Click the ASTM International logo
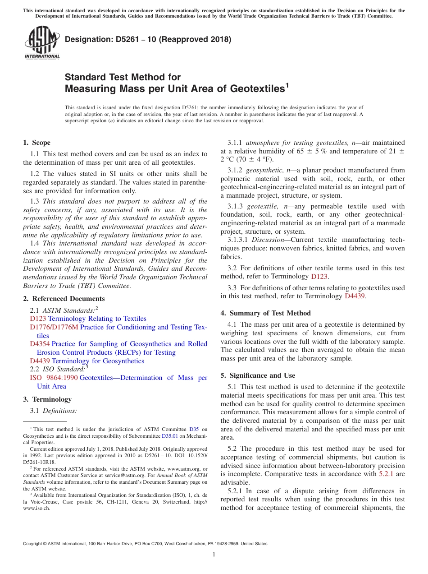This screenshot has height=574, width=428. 42,43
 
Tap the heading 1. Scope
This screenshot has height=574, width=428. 36,143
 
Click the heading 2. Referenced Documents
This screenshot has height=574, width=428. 64,299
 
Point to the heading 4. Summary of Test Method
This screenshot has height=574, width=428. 265,313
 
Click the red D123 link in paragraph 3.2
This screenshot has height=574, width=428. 319,276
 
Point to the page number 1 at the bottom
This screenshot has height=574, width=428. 214,555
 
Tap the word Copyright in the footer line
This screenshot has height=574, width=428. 33,544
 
